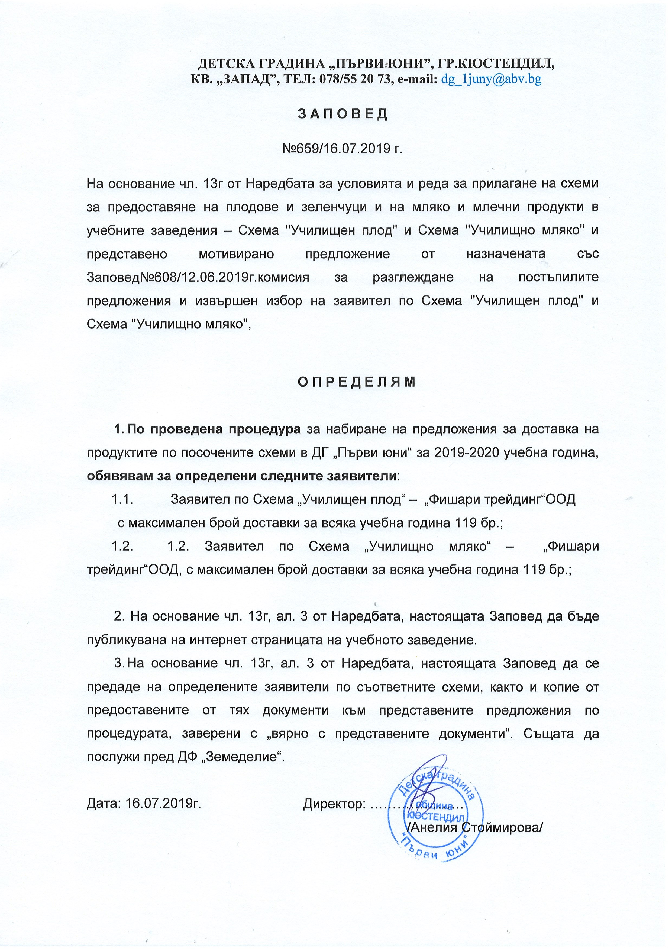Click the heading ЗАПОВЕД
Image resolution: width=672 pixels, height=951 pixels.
(x=343, y=114)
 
